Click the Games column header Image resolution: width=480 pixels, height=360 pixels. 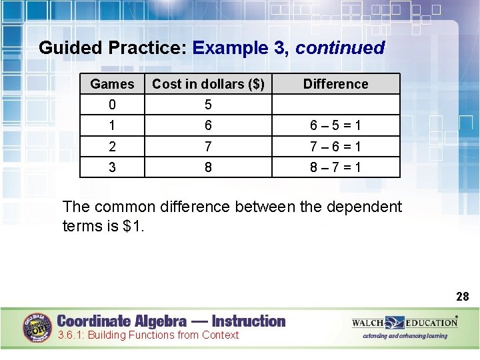click(x=112, y=84)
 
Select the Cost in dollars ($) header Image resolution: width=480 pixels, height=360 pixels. click(x=208, y=84)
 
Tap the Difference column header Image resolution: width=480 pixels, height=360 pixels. click(x=335, y=84)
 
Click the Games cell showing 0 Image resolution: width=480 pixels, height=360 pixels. click(x=112, y=105)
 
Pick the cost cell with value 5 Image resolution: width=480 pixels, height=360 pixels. click(x=208, y=105)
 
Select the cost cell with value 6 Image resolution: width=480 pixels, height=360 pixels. click(x=208, y=125)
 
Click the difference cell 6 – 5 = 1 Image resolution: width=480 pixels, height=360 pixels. click(x=335, y=125)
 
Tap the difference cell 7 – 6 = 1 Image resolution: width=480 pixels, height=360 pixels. click(x=335, y=147)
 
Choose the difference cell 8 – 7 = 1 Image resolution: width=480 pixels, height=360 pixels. click(x=335, y=167)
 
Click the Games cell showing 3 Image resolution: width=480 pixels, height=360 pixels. click(x=112, y=167)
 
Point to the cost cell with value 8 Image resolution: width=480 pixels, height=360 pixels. click(x=208, y=167)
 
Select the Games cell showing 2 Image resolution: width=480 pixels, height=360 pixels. click(x=112, y=147)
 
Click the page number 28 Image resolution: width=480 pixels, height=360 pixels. click(x=462, y=296)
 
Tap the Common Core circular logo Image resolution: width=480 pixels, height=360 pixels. click(x=38, y=327)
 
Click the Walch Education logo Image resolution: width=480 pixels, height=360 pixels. click(x=405, y=323)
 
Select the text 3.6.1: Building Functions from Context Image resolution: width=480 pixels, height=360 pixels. click(x=148, y=335)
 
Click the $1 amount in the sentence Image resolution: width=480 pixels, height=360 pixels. click(x=132, y=226)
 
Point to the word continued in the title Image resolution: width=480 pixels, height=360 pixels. click(x=340, y=48)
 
